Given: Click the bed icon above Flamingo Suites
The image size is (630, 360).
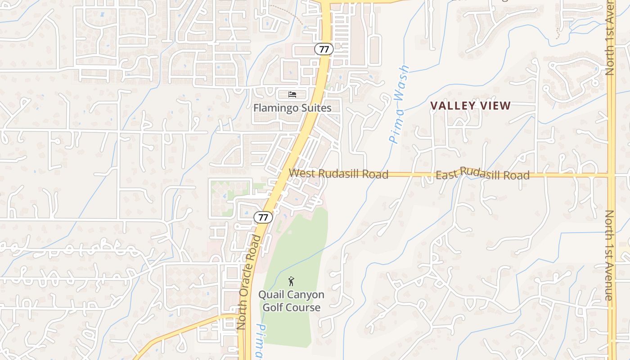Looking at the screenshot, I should coord(292,94).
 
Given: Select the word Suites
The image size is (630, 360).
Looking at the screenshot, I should coord(316,108).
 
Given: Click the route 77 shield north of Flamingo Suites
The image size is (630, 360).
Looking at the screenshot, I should coord(324,49).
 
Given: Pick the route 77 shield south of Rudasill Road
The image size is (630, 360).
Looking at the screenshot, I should coord(263,217).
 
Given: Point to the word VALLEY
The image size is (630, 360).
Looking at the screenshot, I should coord(452,106).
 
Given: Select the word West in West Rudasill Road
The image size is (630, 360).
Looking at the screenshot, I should coord(301,173).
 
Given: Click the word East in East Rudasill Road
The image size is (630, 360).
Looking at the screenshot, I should coord(447,174).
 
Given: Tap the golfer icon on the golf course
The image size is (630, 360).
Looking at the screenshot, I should coord(291,282).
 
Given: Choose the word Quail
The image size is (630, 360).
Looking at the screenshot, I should coord(271,295).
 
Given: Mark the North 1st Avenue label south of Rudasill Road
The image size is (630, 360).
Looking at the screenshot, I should coord(609,255).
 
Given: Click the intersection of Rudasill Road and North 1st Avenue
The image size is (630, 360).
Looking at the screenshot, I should coord(611,174).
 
